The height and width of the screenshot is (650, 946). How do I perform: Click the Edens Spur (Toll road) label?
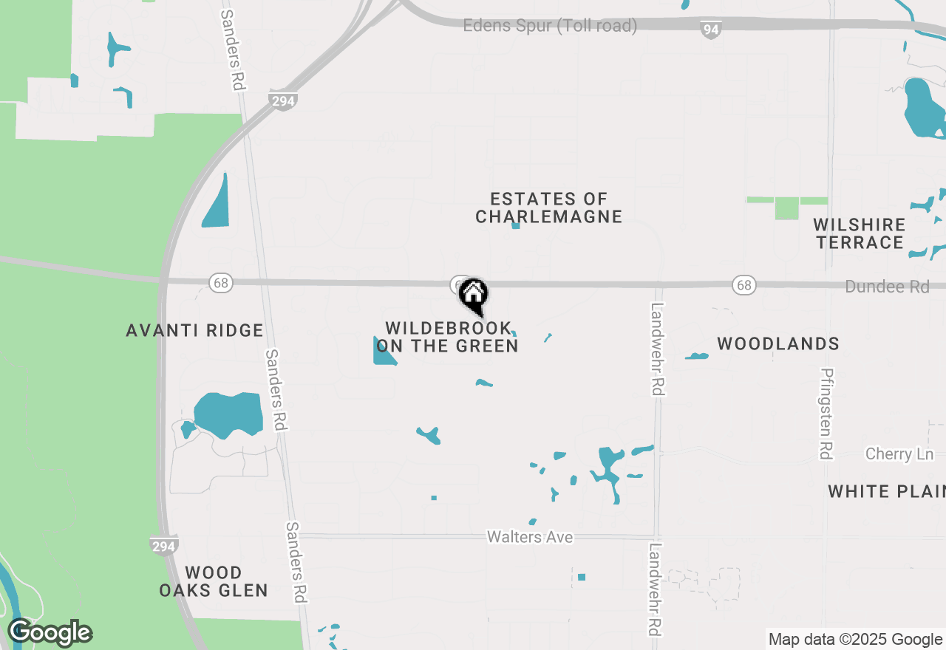tap(550, 26)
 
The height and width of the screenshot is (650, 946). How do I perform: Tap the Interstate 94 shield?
tap(711, 30)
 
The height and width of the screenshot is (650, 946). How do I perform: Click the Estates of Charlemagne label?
tap(548, 208)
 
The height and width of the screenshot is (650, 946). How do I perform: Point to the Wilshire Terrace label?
tap(859, 233)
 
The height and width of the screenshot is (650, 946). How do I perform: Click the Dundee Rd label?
tap(887, 287)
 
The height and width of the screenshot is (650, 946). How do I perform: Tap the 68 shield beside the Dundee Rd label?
tap(744, 285)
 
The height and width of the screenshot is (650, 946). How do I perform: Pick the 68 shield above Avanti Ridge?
tap(220, 282)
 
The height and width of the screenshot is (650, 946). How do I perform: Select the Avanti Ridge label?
tap(194, 330)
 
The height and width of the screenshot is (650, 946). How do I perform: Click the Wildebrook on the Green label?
tap(447, 337)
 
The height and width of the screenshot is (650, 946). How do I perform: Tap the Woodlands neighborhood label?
tap(778, 343)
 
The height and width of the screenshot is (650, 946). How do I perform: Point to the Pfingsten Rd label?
tap(827, 413)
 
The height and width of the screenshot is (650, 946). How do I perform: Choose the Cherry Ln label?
tap(899, 454)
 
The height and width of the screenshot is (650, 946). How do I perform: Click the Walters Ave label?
tap(530, 537)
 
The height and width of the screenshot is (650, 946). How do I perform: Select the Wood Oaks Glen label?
tap(213, 581)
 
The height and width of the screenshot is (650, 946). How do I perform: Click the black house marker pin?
tap(474, 296)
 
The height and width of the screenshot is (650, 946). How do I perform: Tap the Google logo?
tap(50, 632)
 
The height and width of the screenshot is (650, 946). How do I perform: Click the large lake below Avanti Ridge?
tap(230, 414)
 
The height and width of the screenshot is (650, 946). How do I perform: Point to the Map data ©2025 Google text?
tap(855, 640)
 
